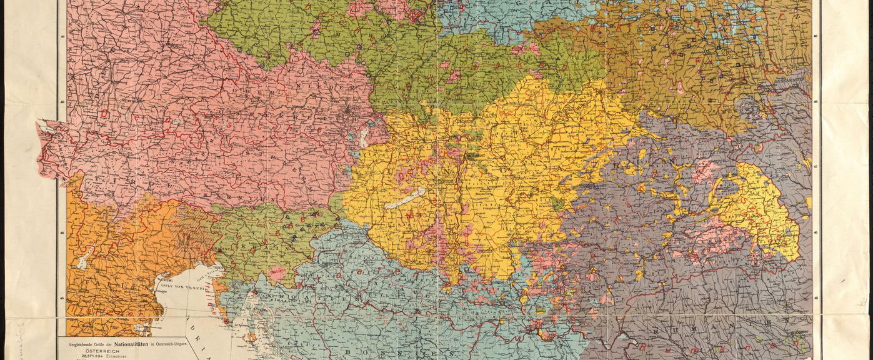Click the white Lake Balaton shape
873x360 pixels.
(x=406, y=199)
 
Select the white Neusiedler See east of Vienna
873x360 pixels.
(x=364, y=138)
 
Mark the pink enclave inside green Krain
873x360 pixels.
(x=276, y=273)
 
